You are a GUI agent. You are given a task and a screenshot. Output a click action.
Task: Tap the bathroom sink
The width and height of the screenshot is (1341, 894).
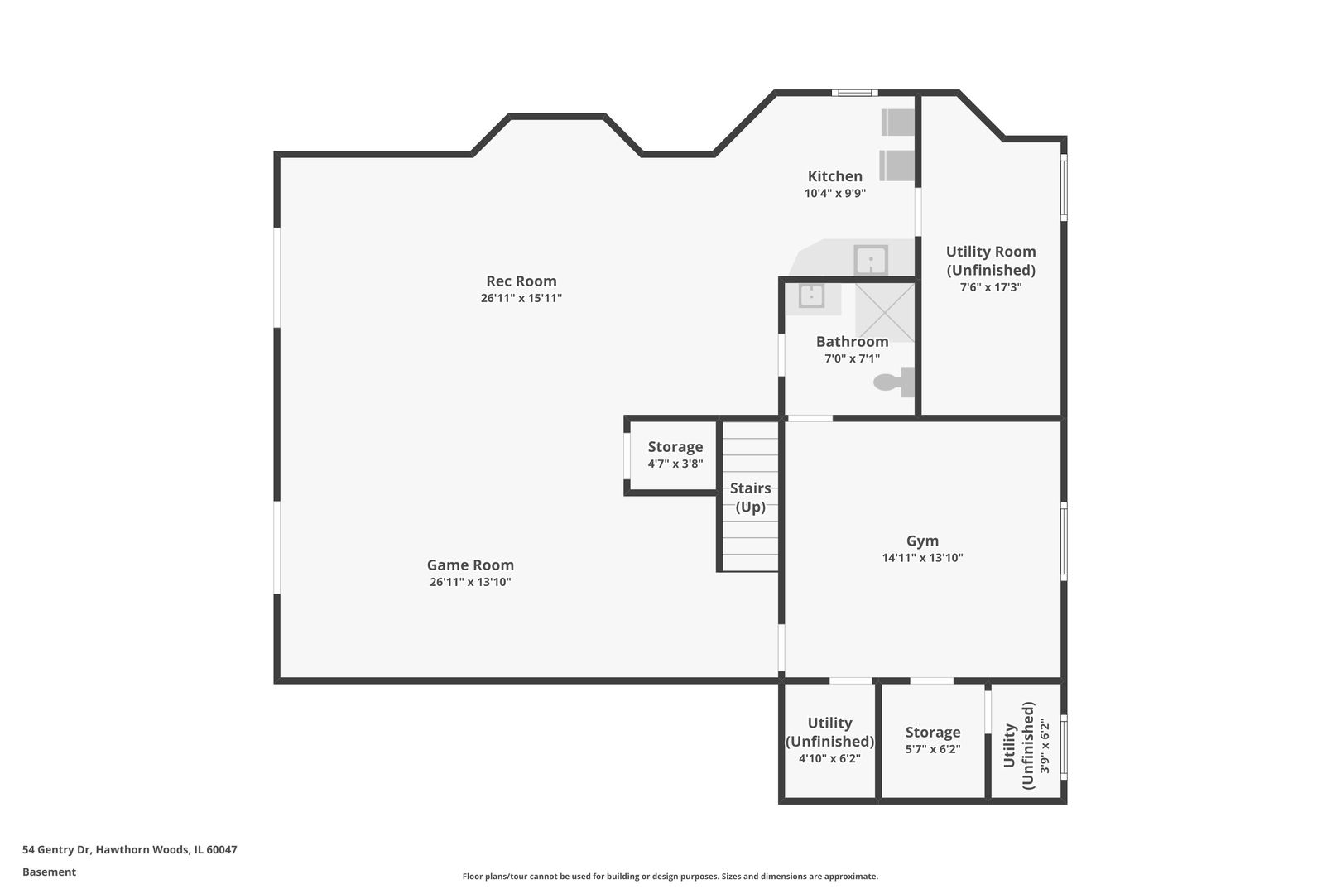click(811, 295)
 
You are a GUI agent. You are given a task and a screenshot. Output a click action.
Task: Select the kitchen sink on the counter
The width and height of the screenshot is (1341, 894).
click(871, 260)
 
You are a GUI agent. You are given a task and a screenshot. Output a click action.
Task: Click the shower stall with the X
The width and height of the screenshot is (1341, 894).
click(884, 311)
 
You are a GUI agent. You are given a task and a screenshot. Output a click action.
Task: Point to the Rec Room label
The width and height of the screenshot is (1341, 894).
click(521, 281)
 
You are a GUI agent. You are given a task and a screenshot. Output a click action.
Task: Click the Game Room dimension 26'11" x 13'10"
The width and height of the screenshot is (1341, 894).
click(470, 582)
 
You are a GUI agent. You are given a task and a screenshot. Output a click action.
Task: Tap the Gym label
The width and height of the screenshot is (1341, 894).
click(922, 541)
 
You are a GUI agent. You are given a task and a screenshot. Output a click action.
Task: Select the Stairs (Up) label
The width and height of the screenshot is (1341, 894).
click(750, 497)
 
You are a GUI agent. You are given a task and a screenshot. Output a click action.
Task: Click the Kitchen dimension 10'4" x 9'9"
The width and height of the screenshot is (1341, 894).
click(834, 193)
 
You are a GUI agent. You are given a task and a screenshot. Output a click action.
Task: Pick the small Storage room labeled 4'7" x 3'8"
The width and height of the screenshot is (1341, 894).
click(675, 454)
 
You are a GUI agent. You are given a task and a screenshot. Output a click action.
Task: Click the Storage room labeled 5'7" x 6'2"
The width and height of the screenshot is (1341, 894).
click(932, 740)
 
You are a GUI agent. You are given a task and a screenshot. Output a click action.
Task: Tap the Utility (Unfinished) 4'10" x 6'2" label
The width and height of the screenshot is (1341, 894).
click(829, 739)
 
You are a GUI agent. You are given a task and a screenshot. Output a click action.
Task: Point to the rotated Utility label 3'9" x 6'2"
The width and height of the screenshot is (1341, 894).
click(1026, 745)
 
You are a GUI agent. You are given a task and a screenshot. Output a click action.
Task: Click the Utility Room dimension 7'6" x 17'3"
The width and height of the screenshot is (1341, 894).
click(990, 287)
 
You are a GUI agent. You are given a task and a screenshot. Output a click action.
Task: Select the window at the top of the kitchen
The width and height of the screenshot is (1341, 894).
click(854, 93)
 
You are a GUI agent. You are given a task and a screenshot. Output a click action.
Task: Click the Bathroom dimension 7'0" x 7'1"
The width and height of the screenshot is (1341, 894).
click(852, 358)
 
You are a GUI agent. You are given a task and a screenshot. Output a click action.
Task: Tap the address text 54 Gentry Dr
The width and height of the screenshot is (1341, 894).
click(130, 849)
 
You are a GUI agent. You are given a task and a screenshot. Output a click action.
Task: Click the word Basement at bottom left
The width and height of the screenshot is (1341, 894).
click(49, 872)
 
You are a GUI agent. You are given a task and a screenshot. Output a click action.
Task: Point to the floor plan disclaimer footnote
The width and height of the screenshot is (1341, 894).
click(670, 876)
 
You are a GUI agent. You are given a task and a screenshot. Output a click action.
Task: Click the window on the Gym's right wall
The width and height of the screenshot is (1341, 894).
click(1064, 540)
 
